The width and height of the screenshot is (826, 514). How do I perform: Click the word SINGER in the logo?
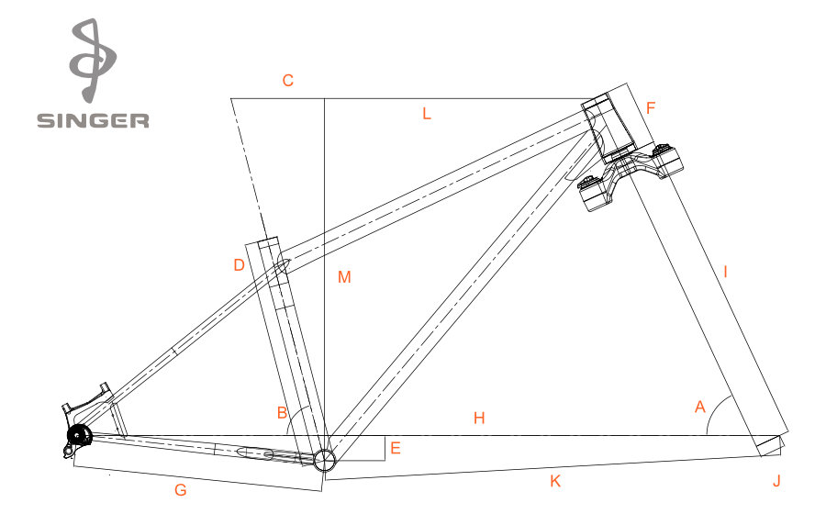coord(93,120)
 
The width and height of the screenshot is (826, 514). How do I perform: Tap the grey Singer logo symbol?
coord(93,61)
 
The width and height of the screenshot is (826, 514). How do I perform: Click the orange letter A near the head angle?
coord(700,407)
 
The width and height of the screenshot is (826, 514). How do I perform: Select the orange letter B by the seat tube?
coord(283,412)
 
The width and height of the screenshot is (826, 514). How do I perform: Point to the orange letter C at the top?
coord(287,81)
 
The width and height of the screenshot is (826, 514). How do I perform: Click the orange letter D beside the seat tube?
coord(240,265)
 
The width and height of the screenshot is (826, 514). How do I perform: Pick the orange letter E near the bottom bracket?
coord(395,448)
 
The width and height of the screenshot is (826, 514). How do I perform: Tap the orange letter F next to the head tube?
coord(651,108)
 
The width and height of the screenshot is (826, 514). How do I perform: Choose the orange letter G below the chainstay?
coord(181,490)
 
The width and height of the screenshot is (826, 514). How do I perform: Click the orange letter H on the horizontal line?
coord(479,419)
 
